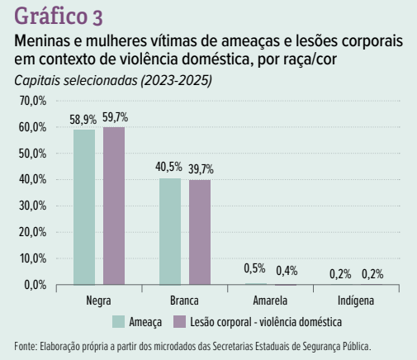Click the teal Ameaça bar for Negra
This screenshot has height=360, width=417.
pos(84,207)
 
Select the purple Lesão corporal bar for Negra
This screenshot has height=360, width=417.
pos(114,206)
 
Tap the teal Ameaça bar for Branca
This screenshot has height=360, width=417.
pos(170,231)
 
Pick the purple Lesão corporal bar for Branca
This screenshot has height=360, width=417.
pos(200,232)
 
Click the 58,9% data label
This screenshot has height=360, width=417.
pos(83,120)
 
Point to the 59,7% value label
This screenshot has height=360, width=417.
pos(116,117)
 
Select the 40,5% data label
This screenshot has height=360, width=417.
pos(168,167)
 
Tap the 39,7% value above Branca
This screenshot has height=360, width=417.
pos(201,169)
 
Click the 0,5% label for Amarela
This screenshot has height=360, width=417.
pos(254,268)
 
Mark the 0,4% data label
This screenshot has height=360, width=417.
pos(287,271)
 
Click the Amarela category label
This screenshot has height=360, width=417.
pos(270,301)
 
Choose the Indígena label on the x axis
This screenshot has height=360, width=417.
pos(356,301)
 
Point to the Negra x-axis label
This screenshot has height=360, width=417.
pos(98,301)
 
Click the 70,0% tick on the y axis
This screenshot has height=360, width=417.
pos(33,101)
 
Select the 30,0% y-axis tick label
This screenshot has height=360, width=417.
pos(32,206)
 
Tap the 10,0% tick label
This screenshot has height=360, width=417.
pos(33,258)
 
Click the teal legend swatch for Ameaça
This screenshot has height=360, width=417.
pos(118,321)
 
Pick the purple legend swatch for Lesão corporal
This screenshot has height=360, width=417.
pos(179,321)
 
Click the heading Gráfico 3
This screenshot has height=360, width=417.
pos(59,16)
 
